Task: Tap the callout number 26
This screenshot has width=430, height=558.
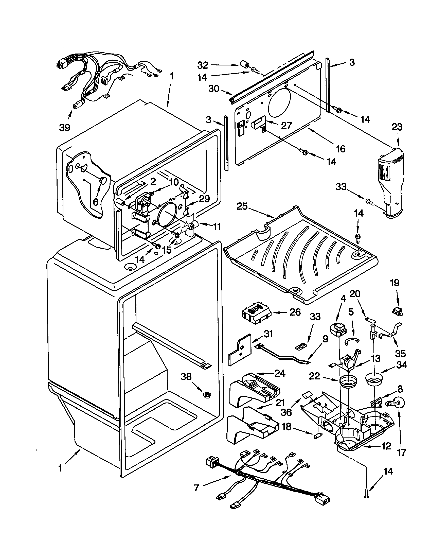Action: coord(295,312)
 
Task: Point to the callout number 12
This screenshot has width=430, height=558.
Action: coord(386,446)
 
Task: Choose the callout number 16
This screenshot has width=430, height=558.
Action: coord(341,148)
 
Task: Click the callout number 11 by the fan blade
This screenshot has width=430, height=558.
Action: coord(217,226)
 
